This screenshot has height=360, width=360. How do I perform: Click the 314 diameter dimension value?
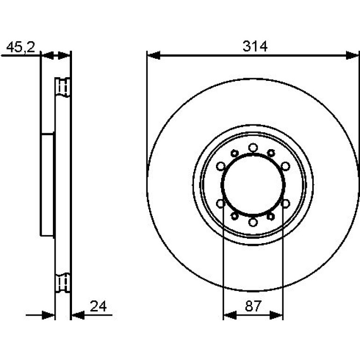coord(255,46)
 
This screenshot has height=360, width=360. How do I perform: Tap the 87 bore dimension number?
coord(253,306)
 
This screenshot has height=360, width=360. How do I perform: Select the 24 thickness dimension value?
coord(98,306)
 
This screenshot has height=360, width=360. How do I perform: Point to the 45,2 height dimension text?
coord(21,47)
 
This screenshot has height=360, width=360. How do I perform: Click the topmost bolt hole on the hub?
coord(253,147)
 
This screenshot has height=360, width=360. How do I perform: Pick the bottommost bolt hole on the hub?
coord(253,222)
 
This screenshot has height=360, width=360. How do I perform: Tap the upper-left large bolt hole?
coord(221,166)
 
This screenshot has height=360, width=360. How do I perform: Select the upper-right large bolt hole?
coord(285,166)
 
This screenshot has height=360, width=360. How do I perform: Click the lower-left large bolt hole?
coord(221,203)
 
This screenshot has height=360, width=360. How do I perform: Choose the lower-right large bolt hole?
coord(285,203)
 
